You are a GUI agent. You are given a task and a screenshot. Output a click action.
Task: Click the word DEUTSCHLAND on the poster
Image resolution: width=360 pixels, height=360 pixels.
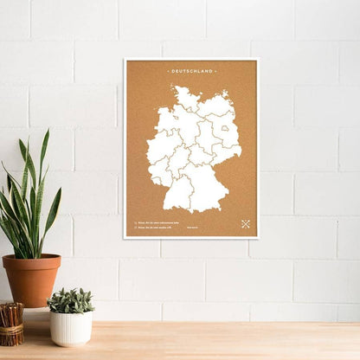[191, 71]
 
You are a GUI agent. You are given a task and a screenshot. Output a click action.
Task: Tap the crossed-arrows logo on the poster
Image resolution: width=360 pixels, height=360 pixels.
[245, 225]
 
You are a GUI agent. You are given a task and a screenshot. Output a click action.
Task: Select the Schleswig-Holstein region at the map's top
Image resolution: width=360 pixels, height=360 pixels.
[185, 98]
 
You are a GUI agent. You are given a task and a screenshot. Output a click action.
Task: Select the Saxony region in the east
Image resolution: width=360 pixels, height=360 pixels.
[225, 154]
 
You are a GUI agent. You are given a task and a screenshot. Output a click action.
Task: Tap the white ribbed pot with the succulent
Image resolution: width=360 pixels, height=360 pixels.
[71, 328]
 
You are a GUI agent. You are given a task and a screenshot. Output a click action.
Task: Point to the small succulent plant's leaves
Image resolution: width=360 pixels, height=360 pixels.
[70, 300]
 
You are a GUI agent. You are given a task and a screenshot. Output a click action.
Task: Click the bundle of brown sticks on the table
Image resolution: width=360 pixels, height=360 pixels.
[10, 324]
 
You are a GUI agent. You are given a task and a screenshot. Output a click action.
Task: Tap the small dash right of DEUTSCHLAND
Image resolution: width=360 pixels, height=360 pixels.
[215, 71]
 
